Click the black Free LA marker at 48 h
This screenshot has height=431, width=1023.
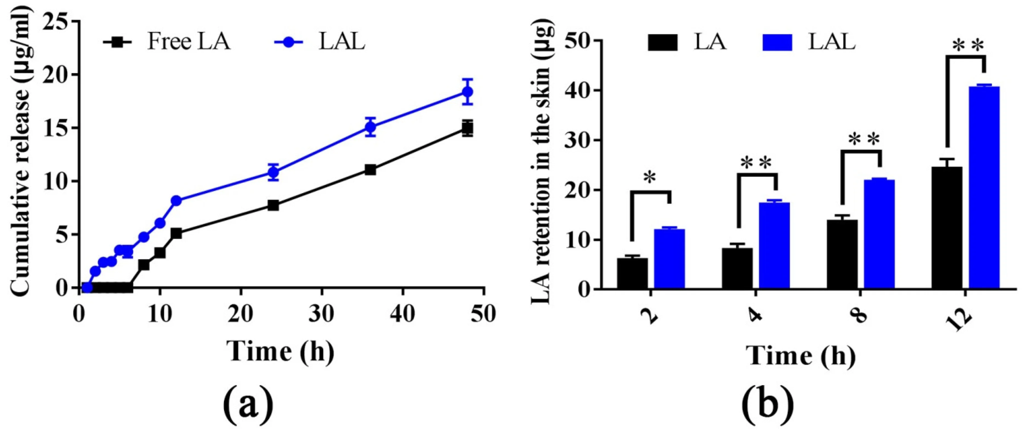coord(468,128)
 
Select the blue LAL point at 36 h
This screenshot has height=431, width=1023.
coord(371,127)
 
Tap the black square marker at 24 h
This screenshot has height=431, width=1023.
coord(273,205)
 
